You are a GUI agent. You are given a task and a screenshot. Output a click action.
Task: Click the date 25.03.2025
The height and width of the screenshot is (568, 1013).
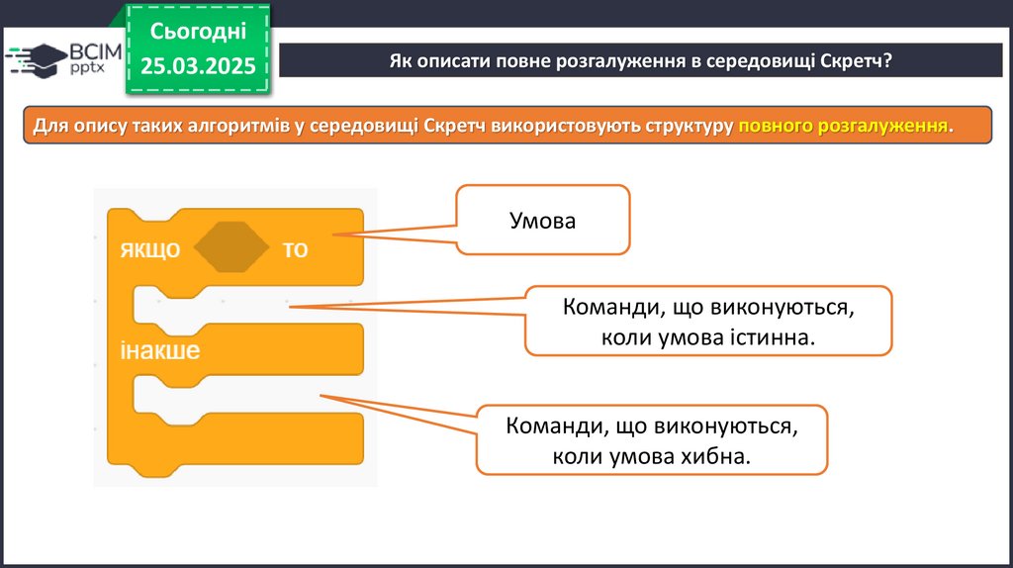pos(198,65)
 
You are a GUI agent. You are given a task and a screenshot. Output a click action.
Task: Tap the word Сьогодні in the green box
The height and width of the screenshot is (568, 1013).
pos(198,32)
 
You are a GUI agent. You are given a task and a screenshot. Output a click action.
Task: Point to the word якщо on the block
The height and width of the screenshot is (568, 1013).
pos(150,249)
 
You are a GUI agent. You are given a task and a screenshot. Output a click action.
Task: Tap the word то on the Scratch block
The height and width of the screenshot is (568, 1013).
pos(295,249)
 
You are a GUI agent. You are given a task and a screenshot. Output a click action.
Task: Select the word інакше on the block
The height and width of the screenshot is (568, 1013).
pos(160,350)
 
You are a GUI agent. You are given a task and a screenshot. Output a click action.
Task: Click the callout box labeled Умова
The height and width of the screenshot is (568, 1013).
pos(542,220)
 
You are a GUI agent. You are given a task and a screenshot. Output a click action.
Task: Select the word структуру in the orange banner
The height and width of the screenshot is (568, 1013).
pos(684,127)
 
